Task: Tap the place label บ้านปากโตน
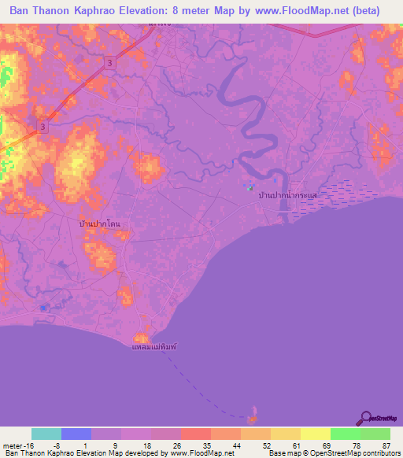click(103, 224)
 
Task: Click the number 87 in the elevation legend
click(386, 445)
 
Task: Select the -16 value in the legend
click(29, 445)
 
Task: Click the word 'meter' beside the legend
click(11, 445)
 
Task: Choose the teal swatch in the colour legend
click(46, 434)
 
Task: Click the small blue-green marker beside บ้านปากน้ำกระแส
click(250, 187)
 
